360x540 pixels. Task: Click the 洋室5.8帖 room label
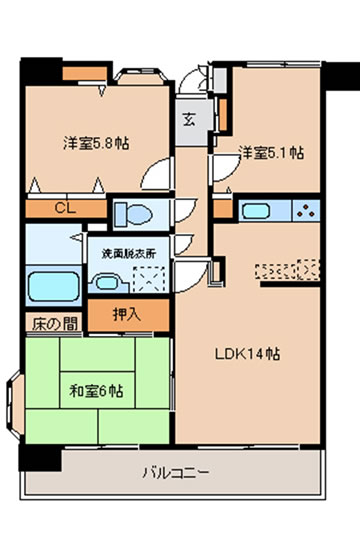coord(96,143)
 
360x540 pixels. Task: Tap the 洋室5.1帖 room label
coord(271,153)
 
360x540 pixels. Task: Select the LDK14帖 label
coord(247,354)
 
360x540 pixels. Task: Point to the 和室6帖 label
coord(96,391)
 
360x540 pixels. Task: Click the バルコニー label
coord(176,472)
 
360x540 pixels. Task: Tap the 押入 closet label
coord(127,314)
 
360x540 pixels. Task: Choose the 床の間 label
coord(55,324)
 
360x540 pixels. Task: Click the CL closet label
coord(65,209)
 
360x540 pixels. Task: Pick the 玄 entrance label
coord(189,120)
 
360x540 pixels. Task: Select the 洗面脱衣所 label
coord(129,254)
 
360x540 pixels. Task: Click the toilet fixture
coord(134,215)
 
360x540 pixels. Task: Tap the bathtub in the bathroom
coord(53,286)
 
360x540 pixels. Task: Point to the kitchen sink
coord(256,211)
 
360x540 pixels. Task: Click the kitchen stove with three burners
coord(306,211)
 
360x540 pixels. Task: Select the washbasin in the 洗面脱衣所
coord(107,283)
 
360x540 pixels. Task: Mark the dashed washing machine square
coord(149,279)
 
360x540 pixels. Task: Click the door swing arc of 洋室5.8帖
coord(149,170)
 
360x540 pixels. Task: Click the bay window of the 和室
coord(16,407)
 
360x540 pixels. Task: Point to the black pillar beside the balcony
coord(40,458)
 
